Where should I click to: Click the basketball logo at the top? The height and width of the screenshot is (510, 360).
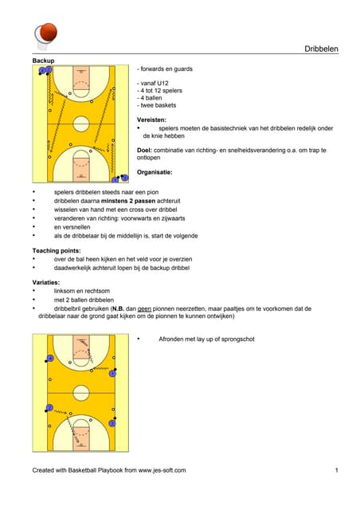pyautogui.click(x=46, y=35)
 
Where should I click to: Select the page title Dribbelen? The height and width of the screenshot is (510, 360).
pyautogui.click(x=321, y=49)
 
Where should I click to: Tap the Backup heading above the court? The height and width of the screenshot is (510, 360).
pyautogui.click(x=43, y=61)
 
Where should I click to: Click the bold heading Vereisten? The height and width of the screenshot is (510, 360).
pyautogui.click(x=151, y=120)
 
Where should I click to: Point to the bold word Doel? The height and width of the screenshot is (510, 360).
pyautogui.click(x=144, y=151)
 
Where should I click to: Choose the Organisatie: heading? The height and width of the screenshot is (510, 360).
pyautogui.click(x=155, y=172)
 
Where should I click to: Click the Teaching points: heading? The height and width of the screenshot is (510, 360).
pyautogui.click(x=57, y=250)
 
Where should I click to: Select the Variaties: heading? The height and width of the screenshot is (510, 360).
pyautogui.click(x=46, y=282)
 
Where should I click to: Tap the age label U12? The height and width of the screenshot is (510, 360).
pyautogui.click(x=162, y=83)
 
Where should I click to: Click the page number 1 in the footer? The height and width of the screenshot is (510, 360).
pyautogui.click(x=337, y=470)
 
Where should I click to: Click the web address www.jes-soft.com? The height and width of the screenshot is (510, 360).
pyautogui.click(x=162, y=470)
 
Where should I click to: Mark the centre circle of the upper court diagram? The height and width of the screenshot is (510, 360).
pyautogui.click(x=81, y=124)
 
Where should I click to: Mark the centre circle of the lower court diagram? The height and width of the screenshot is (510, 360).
pyautogui.click(x=81, y=393)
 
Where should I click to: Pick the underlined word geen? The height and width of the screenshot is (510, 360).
pyautogui.click(x=144, y=308)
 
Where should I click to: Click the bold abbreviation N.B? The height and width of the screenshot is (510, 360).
pyautogui.click(x=118, y=308)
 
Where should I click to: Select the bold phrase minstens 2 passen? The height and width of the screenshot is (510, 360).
pyautogui.click(x=128, y=201)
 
